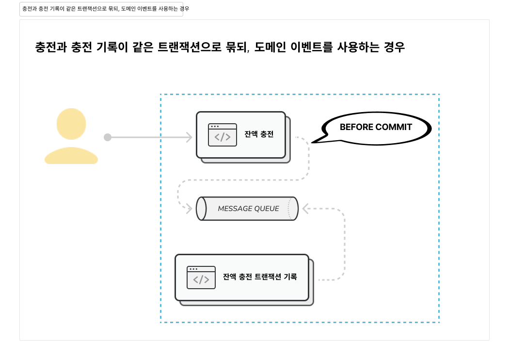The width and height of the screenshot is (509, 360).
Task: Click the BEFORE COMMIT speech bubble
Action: (376, 128)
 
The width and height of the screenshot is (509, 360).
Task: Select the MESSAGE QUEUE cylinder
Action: (247, 209)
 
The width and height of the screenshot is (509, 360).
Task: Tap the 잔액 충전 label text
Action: (259, 134)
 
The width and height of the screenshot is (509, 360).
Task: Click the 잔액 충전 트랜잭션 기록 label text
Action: (260, 277)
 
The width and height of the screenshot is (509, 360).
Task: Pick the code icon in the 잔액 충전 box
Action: (223, 135)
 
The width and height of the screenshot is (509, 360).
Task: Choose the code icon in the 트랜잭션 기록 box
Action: (201, 278)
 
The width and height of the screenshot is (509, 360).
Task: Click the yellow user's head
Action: (71, 124)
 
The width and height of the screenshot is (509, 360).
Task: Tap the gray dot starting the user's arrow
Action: (108, 137)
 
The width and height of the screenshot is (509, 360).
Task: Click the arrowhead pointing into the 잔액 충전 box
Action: (189, 137)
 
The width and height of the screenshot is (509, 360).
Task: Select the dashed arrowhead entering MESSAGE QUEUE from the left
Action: (190, 209)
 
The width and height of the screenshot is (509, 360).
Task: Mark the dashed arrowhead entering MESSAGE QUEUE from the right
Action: (305, 209)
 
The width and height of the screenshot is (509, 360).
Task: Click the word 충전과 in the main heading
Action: (50, 47)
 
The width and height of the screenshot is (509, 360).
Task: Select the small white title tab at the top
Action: (101, 9)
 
